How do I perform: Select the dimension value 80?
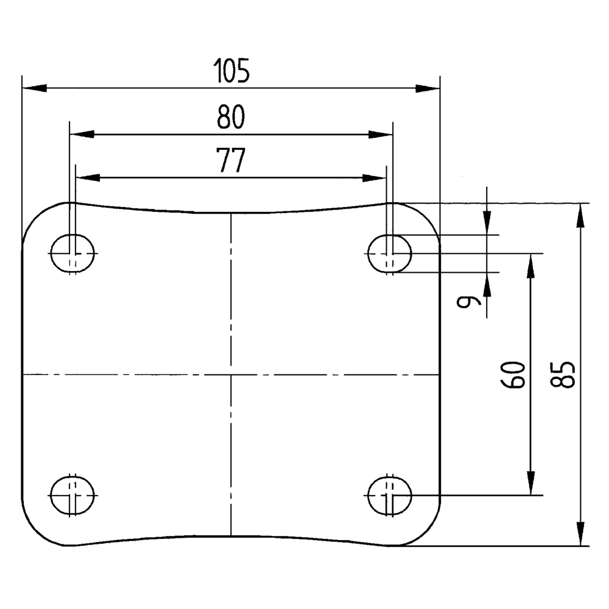click(231, 118)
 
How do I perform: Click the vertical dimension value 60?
click(513, 374)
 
